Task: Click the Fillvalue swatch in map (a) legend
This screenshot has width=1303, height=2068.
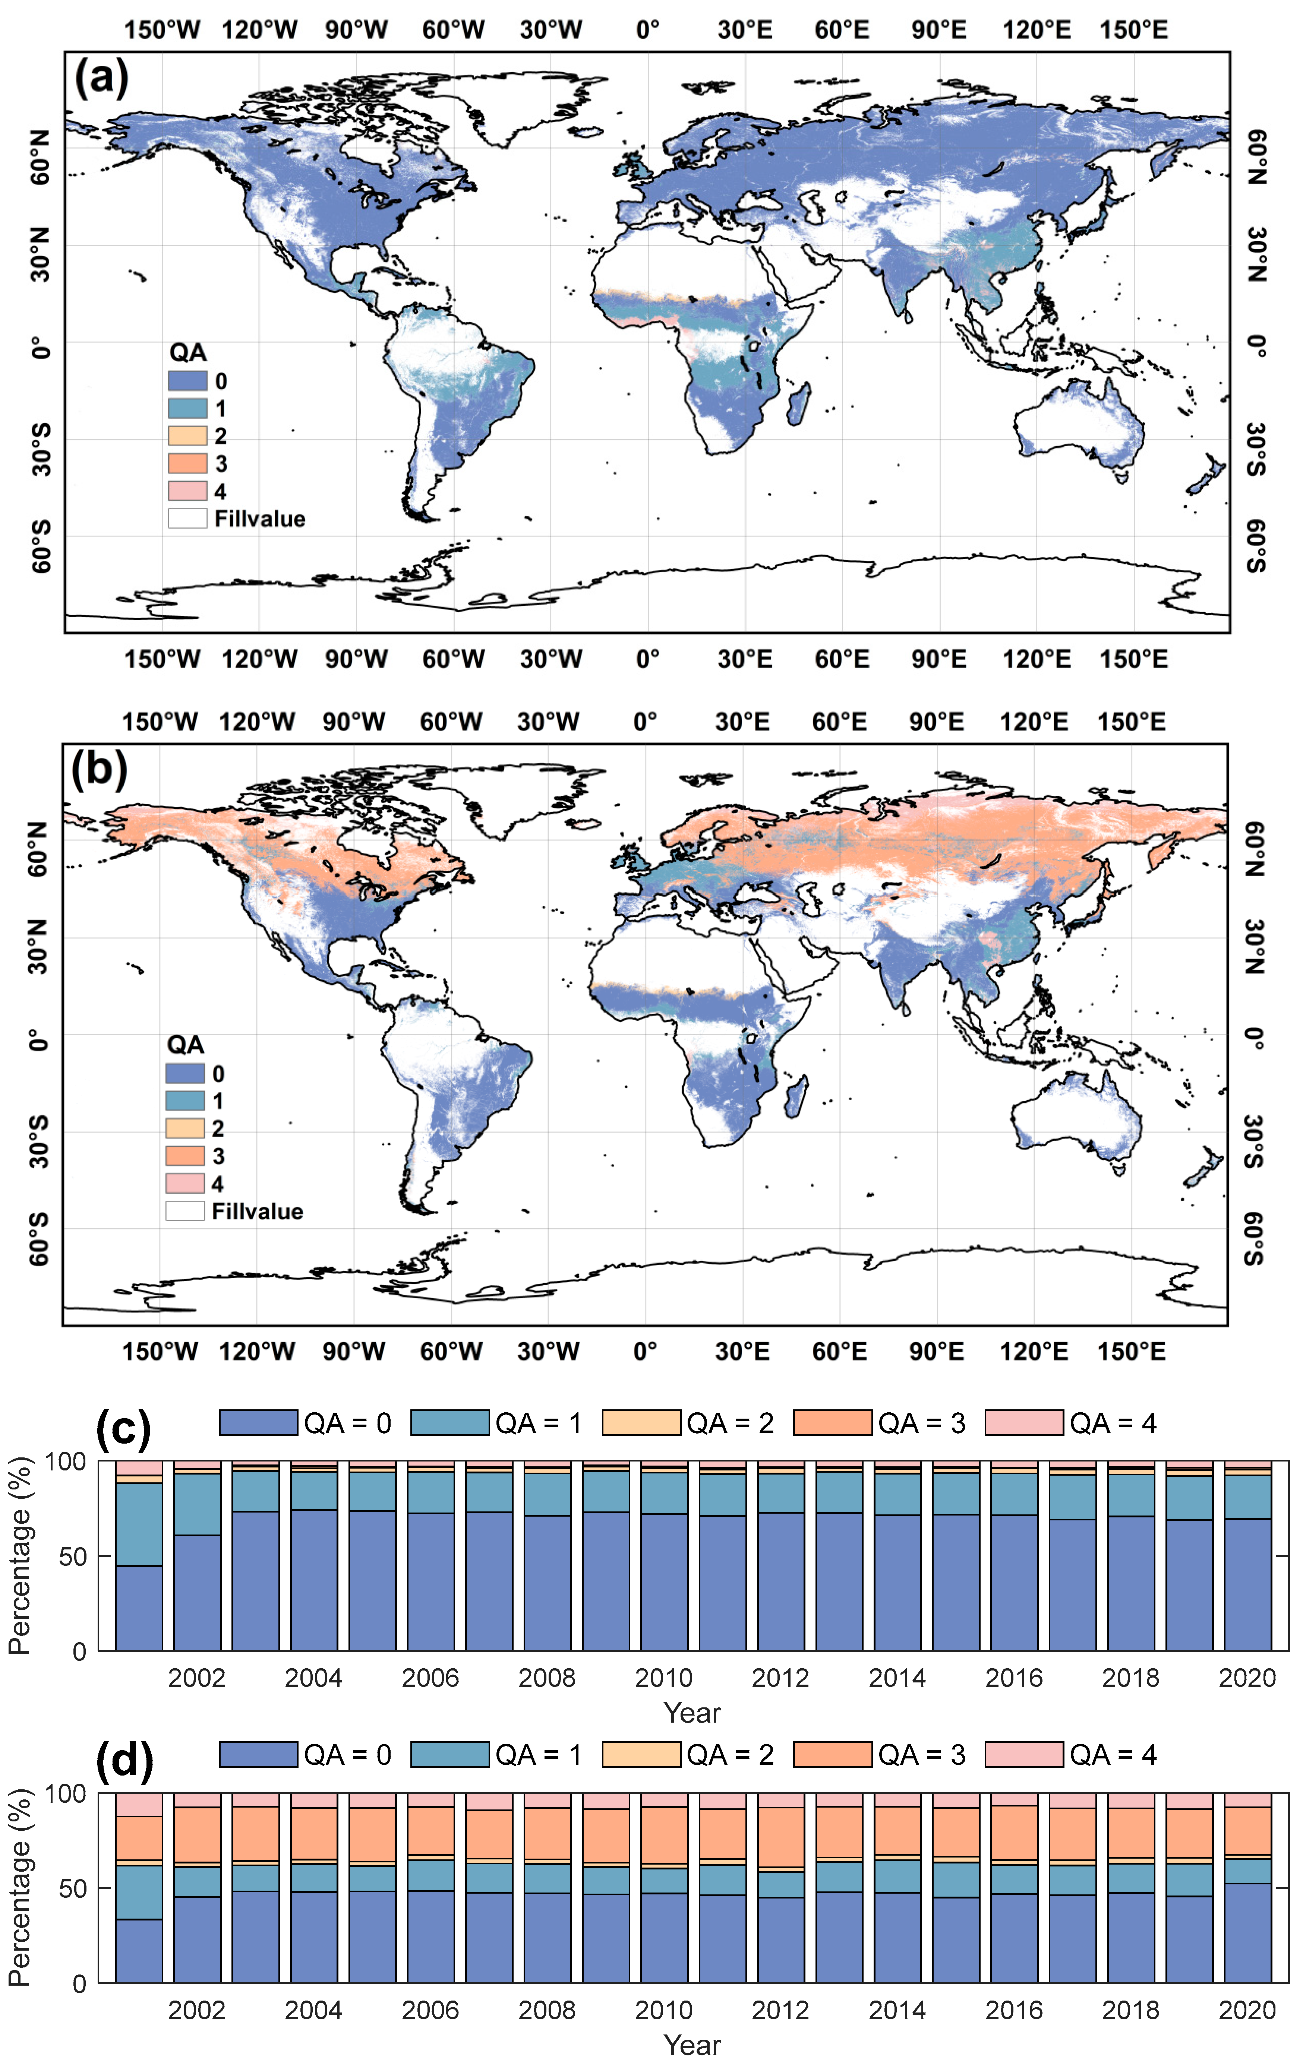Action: [x=187, y=519]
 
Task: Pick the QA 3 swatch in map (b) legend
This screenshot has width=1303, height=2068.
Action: [x=184, y=1156]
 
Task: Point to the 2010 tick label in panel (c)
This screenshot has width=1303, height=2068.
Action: [x=663, y=1677]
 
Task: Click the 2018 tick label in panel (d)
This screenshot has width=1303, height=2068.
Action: [x=1130, y=2010]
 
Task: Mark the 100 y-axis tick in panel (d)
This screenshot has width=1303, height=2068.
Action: [x=65, y=1794]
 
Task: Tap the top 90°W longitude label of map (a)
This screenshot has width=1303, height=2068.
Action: [x=356, y=30]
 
